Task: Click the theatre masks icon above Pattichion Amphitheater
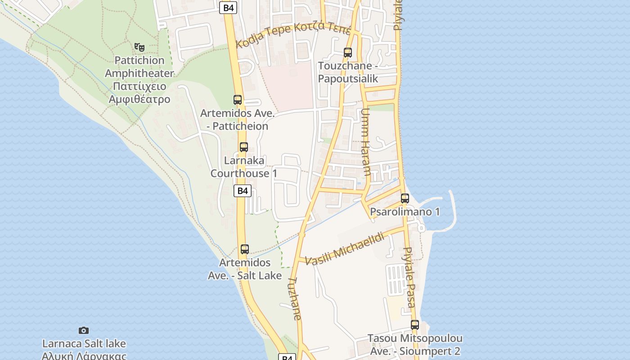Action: [x=139, y=46]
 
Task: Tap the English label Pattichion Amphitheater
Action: [x=139, y=67]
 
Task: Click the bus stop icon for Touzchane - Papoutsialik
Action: [x=347, y=53]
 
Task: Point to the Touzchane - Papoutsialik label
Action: [x=348, y=72]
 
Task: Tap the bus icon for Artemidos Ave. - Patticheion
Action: [x=238, y=100]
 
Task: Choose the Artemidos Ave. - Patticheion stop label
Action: [x=237, y=120]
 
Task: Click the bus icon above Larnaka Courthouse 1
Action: [x=244, y=147]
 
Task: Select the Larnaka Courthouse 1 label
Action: [x=244, y=166]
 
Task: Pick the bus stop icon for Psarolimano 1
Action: [x=405, y=198]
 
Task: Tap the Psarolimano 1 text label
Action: [x=405, y=212]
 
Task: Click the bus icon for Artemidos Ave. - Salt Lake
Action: [x=245, y=249]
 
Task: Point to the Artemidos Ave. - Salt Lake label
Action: [x=245, y=269]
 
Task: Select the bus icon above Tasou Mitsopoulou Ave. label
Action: [x=415, y=325]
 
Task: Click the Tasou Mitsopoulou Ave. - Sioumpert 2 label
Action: [x=415, y=345]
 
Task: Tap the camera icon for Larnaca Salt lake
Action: [x=84, y=331]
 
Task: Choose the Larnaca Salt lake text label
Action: [x=84, y=344]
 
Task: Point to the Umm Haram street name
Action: [x=365, y=142]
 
